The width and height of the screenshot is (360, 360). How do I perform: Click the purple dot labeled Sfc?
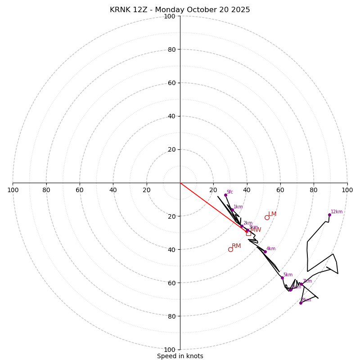click(x=225, y=195)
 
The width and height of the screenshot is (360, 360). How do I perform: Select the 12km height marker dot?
click(x=329, y=215)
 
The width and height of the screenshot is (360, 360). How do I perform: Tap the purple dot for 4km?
click(x=265, y=252)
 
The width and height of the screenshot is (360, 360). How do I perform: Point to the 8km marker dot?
click(x=301, y=303)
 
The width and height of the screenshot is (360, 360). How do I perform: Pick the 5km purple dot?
click(x=282, y=278)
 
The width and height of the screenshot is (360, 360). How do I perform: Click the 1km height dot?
click(x=232, y=210)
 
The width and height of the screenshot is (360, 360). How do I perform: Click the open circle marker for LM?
click(x=267, y=217)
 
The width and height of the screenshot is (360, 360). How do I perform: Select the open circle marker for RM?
click(x=230, y=249)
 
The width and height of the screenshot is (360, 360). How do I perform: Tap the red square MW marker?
click(x=248, y=233)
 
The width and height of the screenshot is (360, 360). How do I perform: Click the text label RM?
click(x=236, y=246)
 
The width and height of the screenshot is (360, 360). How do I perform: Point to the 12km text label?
click(x=337, y=212)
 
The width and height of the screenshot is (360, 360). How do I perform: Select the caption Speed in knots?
click(x=180, y=356)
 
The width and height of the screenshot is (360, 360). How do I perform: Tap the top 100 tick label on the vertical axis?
click(x=170, y=16)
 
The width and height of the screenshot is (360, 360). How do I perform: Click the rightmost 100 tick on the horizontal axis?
click(x=347, y=190)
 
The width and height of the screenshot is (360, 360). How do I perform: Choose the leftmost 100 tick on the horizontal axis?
click(x=13, y=190)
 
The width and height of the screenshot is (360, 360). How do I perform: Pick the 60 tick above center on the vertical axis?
click(x=171, y=83)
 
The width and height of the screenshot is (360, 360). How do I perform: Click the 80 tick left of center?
click(x=46, y=190)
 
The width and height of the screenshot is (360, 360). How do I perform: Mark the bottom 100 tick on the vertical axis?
click(x=170, y=349)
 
